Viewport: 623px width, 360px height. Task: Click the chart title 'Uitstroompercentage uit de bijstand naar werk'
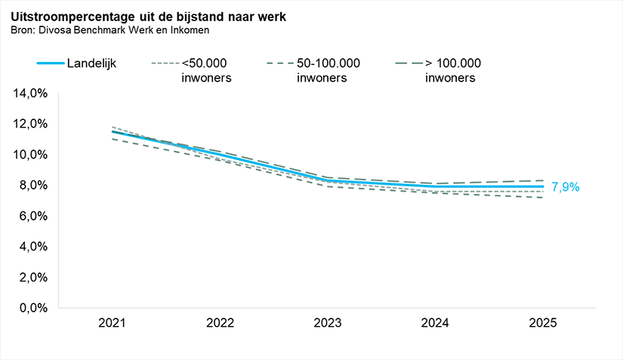(148, 16)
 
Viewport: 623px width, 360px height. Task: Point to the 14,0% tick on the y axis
(31, 94)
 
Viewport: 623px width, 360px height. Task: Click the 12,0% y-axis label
(31, 124)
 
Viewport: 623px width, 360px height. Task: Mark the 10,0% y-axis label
(31, 155)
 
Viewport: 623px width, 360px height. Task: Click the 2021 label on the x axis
(113, 323)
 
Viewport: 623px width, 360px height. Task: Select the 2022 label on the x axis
(220, 323)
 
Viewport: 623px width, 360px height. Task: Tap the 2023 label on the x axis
(328, 323)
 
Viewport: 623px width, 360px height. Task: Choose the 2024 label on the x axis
(435, 323)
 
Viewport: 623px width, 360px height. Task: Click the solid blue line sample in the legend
(49, 63)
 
